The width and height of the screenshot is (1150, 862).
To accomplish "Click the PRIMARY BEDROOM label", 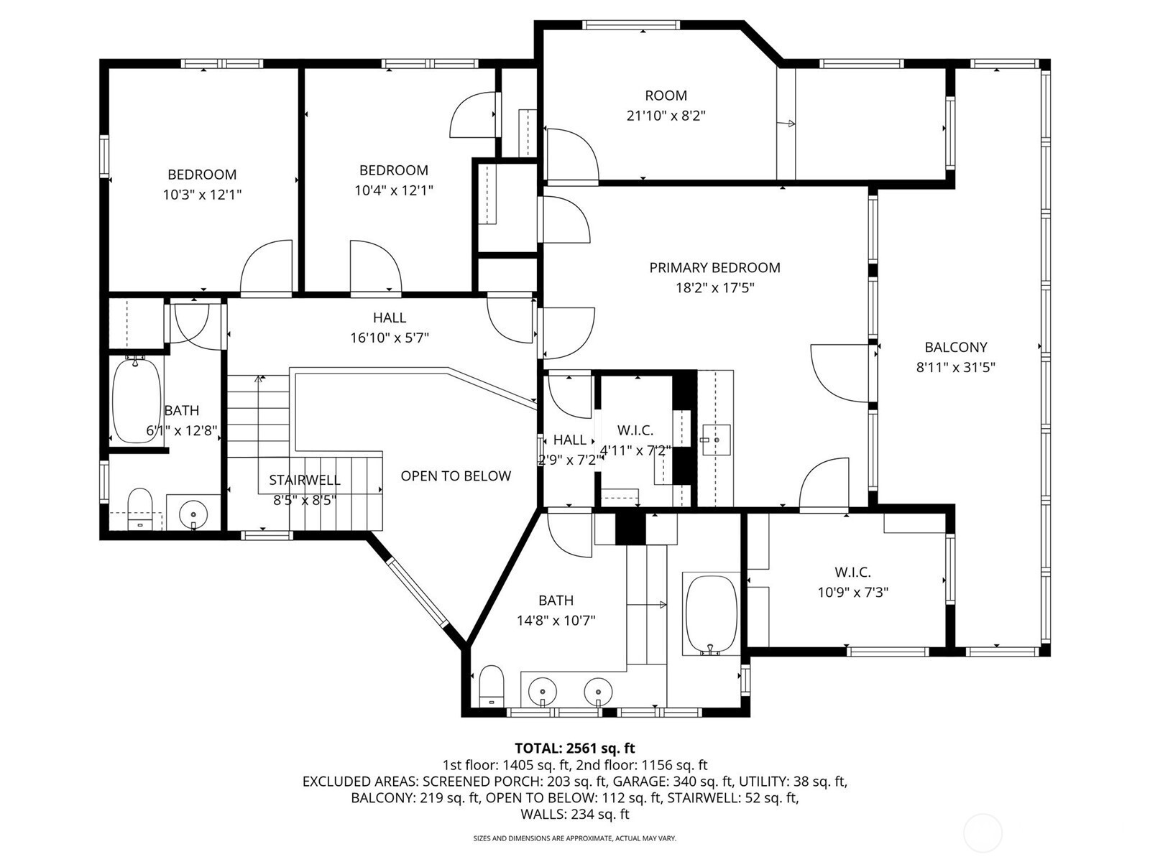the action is [x=714, y=267].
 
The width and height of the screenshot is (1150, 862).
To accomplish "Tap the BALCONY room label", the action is [x=956, y=347].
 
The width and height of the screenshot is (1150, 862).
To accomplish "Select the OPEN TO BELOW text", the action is [x=455, y=476].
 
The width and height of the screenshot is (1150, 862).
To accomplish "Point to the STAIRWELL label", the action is [x=305, y=480].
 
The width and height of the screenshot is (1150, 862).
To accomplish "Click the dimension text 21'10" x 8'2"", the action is [x=666, y=116].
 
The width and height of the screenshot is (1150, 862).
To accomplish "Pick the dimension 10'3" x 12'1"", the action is [x=202, y=195].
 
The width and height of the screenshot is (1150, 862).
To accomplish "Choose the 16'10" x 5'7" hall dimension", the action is [x=390, y=338].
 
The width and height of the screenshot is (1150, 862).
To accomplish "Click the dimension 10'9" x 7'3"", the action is [x=853, y=593].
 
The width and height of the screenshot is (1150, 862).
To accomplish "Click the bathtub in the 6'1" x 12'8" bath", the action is [x=137, y=400].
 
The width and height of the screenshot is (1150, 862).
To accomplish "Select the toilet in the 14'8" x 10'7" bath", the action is [x=492, y=686].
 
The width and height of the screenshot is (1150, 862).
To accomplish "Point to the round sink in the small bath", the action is [x=193, y=514].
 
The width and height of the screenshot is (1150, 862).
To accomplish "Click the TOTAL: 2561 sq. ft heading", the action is [x=575, y=748].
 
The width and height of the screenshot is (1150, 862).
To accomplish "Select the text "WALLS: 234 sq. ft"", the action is [x=575, y=814].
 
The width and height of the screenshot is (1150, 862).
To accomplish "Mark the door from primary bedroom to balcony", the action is [x=839, y=373].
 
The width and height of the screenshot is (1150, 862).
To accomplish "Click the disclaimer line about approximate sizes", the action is [x=575, y=838].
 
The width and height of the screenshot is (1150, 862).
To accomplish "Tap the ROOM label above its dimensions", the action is [x=666, y=96].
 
